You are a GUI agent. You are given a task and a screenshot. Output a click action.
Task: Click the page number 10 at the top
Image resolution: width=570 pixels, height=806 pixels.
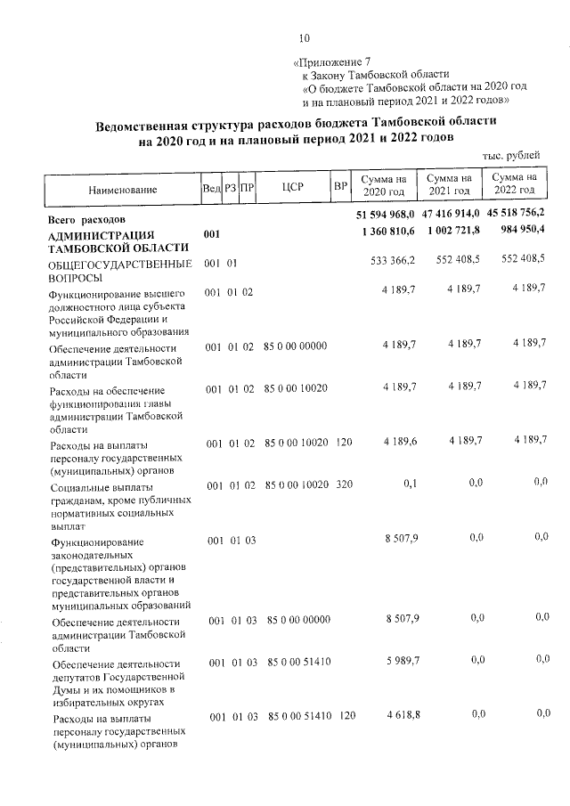pos(305,37)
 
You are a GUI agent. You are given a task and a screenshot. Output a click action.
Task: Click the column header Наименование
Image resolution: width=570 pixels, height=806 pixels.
pos(123,190)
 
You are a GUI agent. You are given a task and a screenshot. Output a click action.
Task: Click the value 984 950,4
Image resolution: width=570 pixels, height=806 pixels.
pos(519,231)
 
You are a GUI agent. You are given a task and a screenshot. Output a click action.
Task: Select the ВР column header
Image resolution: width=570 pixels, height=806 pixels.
pos(339,187)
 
